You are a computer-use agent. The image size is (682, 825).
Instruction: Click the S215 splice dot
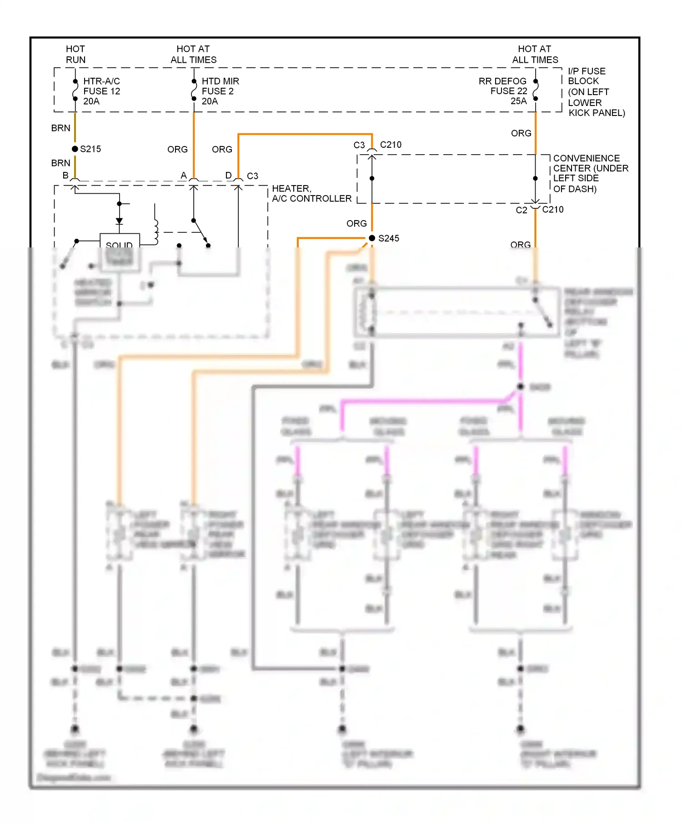pos(75,149)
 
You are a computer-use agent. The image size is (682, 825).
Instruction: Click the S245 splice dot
pos(372,238)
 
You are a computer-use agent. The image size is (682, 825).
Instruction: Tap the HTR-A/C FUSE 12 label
pos(101,91)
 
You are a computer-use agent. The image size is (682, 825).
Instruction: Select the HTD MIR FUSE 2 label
pos(220,91)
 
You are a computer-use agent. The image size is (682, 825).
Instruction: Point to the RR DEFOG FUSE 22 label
pos(503,91)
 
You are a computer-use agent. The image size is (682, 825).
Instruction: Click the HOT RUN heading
pos(75,54)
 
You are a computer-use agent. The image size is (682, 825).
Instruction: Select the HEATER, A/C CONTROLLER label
pos(311,194)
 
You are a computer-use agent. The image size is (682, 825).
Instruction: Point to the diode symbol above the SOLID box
pos(119,221)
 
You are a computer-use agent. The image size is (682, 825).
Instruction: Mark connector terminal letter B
pos(65,176)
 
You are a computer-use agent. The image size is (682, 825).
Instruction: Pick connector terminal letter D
pos(228,176)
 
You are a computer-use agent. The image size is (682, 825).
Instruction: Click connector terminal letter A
pos(184,176)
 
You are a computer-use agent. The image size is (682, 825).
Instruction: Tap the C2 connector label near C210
pos(521,210)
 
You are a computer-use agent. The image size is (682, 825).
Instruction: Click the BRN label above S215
pos(60,128)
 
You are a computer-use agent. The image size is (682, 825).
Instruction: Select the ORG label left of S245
pos(356,224)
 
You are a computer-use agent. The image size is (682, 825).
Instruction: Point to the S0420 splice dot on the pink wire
pos(521,387)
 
